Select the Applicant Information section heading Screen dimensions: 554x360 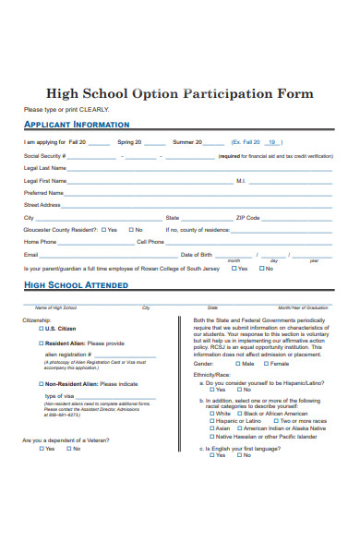(x=77, y=124)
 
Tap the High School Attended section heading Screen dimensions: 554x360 (x=76, y=285)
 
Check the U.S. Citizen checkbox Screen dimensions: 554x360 (x=41, y=329)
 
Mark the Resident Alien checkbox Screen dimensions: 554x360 (x=41, y=343)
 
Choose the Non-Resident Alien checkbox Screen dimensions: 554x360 (x=41, y=383)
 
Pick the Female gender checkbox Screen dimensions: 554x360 (x=262, y=364)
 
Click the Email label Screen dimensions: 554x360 (x=31, y=255)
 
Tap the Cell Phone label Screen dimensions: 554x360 (x=150, y=242)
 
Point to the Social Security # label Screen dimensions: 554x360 (x=42, y=156)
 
